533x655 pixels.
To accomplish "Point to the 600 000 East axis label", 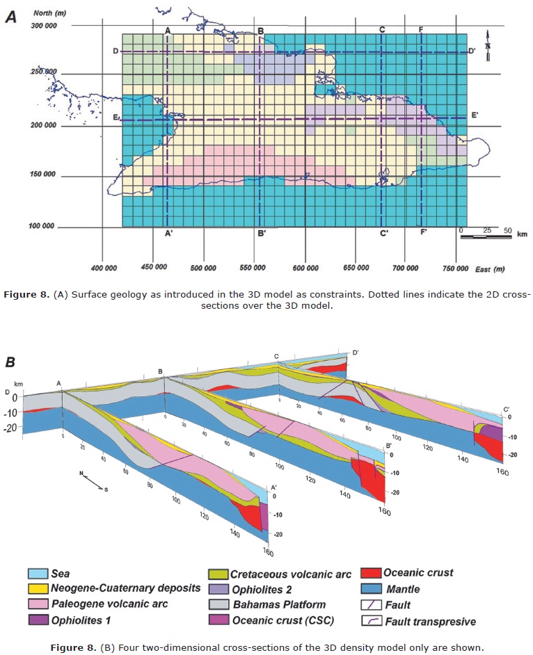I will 305,268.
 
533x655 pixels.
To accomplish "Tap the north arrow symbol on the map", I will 489,42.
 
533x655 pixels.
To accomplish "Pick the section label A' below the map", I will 169,234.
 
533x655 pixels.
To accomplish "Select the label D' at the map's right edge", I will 472,51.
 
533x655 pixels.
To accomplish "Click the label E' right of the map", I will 475,115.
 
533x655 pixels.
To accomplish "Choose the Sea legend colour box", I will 36,574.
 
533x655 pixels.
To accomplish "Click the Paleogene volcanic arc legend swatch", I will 36,604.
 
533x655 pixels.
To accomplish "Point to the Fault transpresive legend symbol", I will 372,619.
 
